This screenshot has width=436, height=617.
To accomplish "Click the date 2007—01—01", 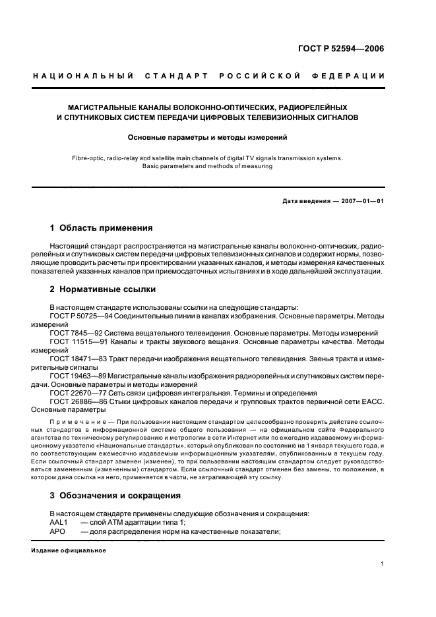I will [362, 201].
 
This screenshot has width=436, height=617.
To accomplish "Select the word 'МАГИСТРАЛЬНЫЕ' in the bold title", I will [109, 106].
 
